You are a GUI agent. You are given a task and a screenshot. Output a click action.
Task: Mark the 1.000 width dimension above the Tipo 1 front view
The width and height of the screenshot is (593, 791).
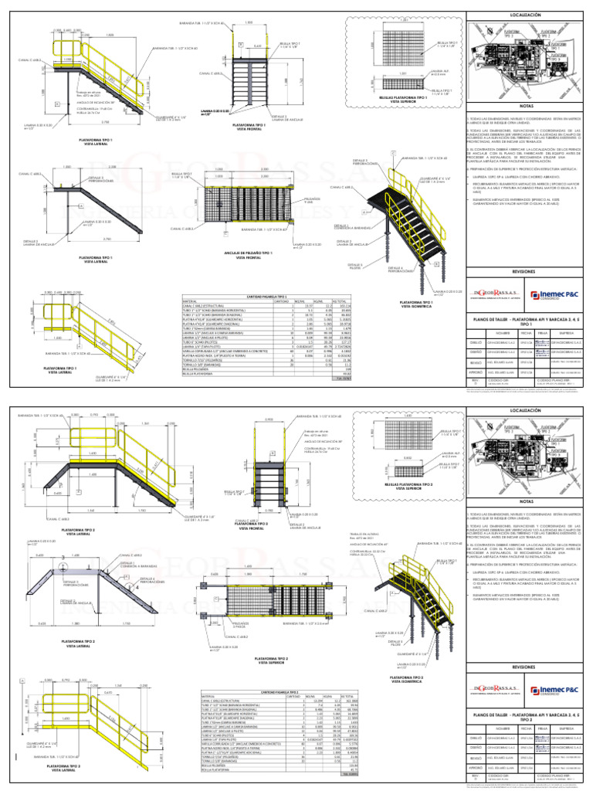tap(249, 22)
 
